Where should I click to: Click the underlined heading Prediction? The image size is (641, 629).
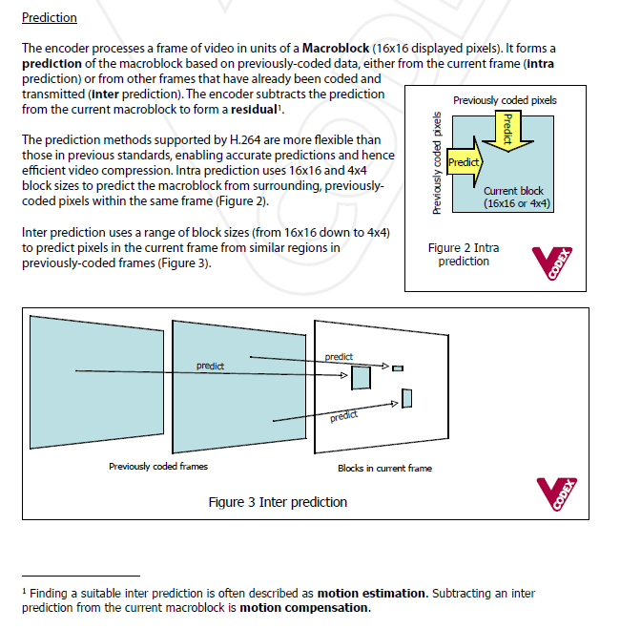pyautogui.click(x=49, y=18)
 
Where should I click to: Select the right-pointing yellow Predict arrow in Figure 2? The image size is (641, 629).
pyautogui.click(x=464, y=162)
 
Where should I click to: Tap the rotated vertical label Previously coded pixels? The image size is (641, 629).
pyautogui.click(x=437, y=163)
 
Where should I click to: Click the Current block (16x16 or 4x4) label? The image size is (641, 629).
pyautogui.click(x=517, y=198)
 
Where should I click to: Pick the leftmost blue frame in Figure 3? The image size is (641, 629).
pyautogui.click(x=85, y=381)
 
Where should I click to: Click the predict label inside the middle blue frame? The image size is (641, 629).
pyautogui.click(x=210, y=366)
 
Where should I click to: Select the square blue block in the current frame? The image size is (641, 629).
pyautogui.click(x=361, y=379)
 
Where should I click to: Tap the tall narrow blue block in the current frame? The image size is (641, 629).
pyautogui.click(x=406, y=398)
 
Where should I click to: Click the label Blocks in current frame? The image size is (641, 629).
pyautogui.click(x=384, y=469)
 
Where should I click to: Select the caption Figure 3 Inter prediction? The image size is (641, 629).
pyautogui.click(x=278, y=502)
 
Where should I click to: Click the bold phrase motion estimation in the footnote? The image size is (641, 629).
pyautogui.click(x=372, y=593)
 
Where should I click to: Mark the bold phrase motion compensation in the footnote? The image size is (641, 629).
pyautogui.click(x=303, y=607)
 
